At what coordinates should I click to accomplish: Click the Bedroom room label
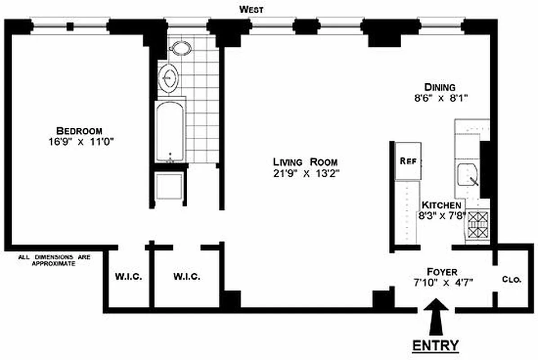(79, 130)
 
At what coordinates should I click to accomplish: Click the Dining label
(440, 87)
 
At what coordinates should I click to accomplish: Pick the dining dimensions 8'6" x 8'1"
(440, 98)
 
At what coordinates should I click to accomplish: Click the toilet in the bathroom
(181, 48)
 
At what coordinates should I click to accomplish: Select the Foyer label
(442, 272)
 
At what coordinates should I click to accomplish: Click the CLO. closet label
(511, 279)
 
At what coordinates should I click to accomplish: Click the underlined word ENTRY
(435, 345)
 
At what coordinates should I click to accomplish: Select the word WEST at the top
(251, 9)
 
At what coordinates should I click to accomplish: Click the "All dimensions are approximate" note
(54, 261)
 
